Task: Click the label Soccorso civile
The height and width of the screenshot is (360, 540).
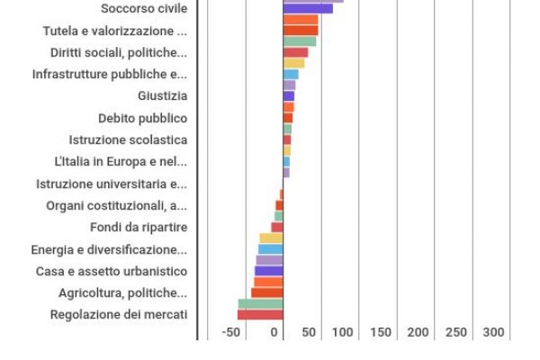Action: click(x=144, y=9)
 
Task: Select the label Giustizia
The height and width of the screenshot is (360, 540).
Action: click(x=162, y=96)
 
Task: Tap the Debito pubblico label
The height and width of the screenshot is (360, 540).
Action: click(x=142, y=118)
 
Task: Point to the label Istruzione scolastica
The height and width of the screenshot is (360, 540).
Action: click(x=128, y=139)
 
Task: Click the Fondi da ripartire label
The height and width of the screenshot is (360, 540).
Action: click(x=139, y=227)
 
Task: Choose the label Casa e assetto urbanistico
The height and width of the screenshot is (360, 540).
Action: click(x=112, y=271)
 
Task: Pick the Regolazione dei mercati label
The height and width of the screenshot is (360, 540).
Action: click(x=119, y=314)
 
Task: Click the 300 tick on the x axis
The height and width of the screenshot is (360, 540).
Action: click(x=493, y=332)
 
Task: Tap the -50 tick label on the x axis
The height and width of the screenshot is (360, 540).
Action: click(x=232, y=332)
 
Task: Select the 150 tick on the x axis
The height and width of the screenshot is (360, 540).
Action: click(x=381, y=332)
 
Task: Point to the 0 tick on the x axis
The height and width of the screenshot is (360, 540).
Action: click(x=275, y=332)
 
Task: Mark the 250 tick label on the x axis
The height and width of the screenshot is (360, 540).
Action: click(x=456, y=332)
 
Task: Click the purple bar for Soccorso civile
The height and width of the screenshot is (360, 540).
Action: click(x=308, y=9)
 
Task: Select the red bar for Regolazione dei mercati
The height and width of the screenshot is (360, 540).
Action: click(x=260, y=315)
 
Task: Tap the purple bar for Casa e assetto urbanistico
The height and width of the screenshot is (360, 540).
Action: click(x=268, y=271)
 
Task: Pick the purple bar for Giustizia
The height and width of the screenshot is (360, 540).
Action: click(x=288, y=96)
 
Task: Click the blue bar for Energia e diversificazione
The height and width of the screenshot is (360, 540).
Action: click(x=270, y=249)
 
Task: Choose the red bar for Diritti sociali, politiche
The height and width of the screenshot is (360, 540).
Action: click(x=295, y=52)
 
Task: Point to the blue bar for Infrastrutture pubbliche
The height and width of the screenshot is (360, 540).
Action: click(x=291, y=75)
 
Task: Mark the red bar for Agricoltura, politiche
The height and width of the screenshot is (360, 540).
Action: click(x=266, y=292)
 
